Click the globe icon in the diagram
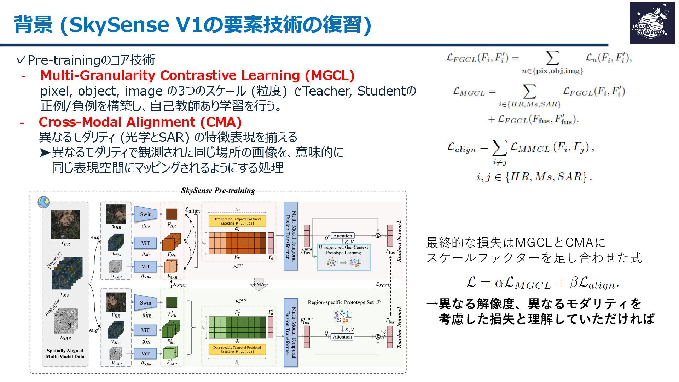pos(44,202)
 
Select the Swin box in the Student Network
pos(145,214)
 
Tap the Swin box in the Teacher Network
pos(145,302)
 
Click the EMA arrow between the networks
pos(259,285)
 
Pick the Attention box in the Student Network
pos(342,236)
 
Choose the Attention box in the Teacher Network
pos(342,337)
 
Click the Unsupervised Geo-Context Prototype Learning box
pos(343,257)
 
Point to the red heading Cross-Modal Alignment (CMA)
pos(140,122)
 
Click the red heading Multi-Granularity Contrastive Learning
pos(197,75)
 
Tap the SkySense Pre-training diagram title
pos(218,191)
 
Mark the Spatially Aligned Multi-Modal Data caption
pos(65,353)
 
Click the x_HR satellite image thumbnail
pos(65,225)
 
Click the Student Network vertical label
pos(400,241)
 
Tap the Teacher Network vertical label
pos(400,327)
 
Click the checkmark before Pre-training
pos(21,60)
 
